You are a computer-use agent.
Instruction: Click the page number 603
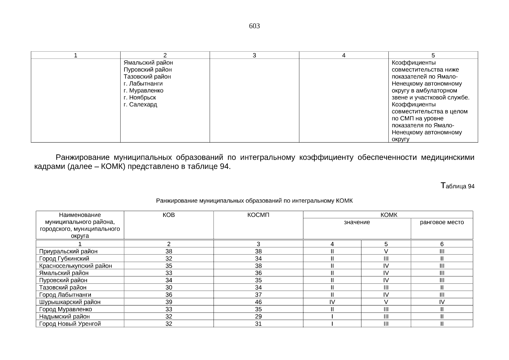click(254, 26)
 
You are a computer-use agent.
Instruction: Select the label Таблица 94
click(457, 186)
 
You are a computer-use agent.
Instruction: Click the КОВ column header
click(169, 215)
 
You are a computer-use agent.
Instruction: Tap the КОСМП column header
click(258, 215)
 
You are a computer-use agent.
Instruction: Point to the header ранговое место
click(442, 222)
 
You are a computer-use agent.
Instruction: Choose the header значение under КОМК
click(357, 222)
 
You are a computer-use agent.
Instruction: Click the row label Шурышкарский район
click(70, 302)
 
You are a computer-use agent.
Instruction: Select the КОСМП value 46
click(258, 302)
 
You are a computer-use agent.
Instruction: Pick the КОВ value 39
click(169, 302)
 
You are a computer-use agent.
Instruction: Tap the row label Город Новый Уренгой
click(70, 324)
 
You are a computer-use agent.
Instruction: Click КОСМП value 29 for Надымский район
click(258, 316)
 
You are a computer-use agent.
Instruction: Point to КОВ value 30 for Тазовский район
click(169, 288)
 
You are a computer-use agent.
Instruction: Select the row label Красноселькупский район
click(76, 266)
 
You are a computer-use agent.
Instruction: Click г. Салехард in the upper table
click(140, 105)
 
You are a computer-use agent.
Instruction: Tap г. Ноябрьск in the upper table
click(140, 97)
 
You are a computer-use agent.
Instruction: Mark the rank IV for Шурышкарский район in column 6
click(442, 302)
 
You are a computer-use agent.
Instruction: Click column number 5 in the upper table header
click(433, 55)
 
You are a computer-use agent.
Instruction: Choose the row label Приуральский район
click(68, 251)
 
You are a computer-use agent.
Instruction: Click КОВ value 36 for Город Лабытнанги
click(169, 295)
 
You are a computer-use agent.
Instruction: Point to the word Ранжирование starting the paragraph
click(82, 157)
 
